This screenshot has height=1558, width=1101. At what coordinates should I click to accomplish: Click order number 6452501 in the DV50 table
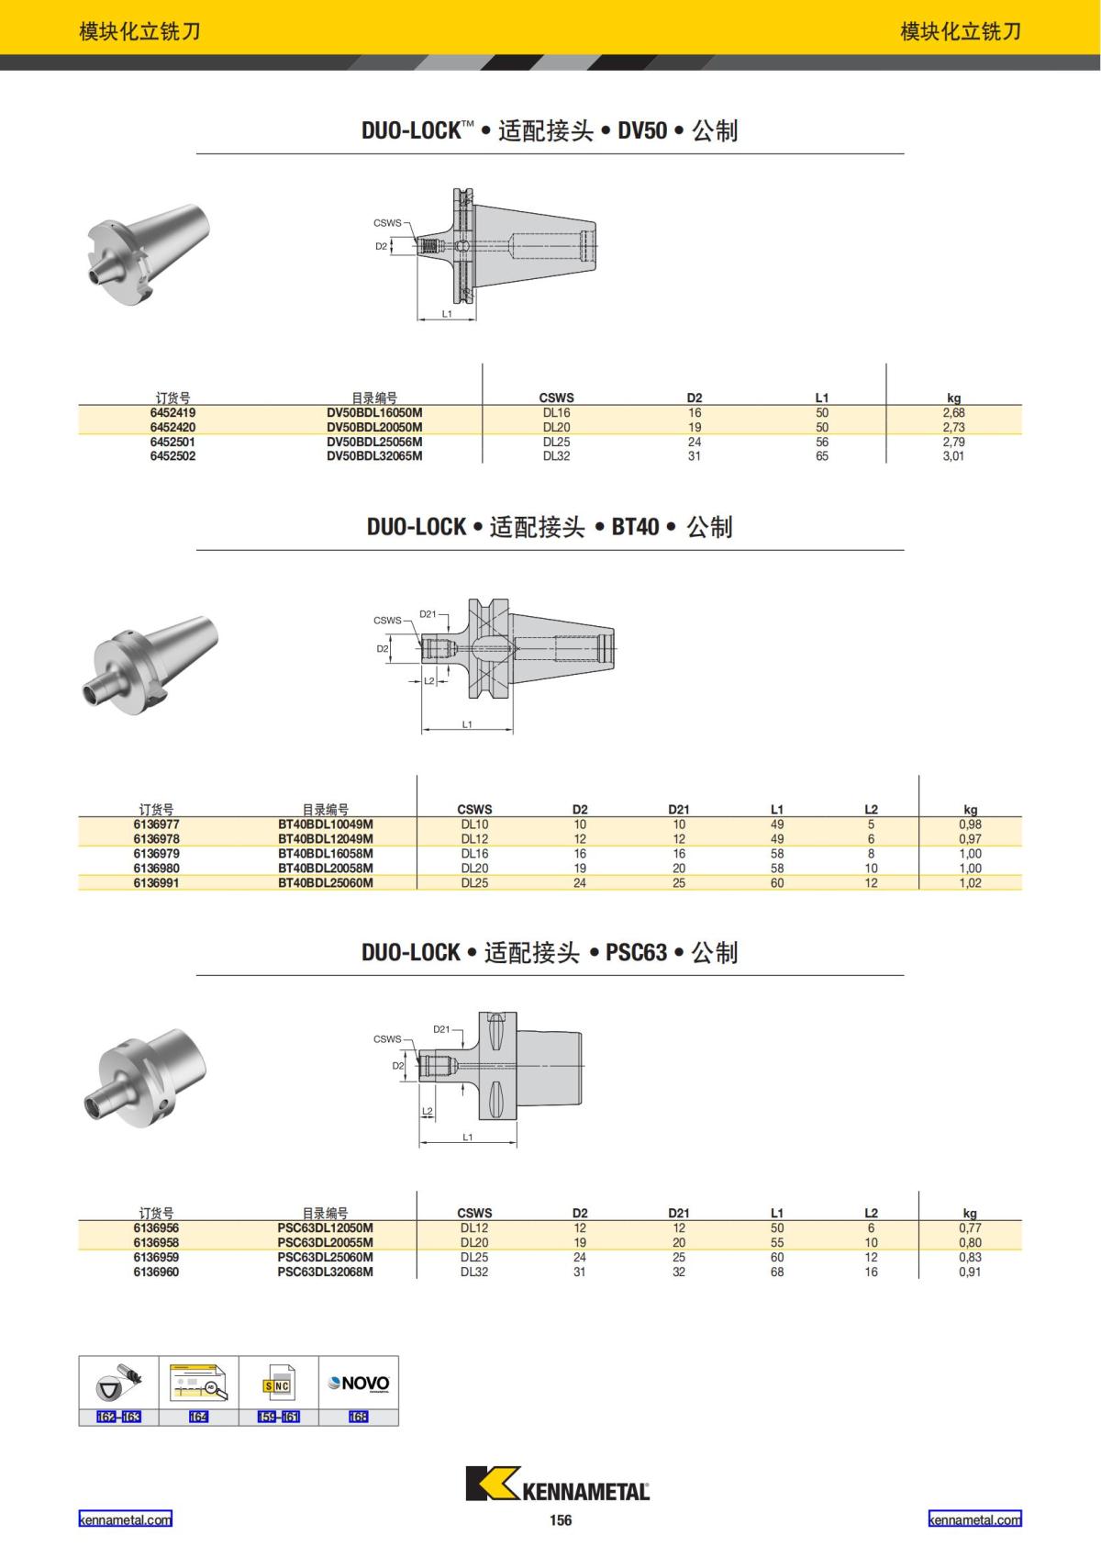[x=172, y=442]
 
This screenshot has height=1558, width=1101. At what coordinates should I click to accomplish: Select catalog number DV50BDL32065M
[x=374, y=456]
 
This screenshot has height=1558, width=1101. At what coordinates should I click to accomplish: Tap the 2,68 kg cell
[x=953, y=413]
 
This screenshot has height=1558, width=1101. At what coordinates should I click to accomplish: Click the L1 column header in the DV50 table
[x=821, y=398]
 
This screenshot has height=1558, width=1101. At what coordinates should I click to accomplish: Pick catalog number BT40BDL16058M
[x=326, y=854]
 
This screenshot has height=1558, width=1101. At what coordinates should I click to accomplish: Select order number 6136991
[x=156, y=883]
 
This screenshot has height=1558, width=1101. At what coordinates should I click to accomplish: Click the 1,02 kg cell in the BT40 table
[x=970, y=883]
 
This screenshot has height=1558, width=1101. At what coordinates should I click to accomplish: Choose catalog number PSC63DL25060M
[x=326, y=1258]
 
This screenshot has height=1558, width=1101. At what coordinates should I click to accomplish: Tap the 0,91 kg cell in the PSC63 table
[x=970, y=1272]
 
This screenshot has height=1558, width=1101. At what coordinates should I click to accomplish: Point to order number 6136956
[x=156, y=1228]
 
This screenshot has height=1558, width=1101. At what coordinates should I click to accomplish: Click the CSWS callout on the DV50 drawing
[x=387, y=223]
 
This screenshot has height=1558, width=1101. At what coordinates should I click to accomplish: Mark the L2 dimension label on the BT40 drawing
[x=428, y=680]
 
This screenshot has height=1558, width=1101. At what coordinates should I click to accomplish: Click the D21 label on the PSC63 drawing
[x=441, y=1029]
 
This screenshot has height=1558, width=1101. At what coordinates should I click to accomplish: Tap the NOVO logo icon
[x=359, y=1384]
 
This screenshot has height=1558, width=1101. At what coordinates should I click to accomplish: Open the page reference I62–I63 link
[x=118, y=1417]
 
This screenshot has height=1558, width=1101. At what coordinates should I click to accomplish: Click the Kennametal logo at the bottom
[x=557, y=1485]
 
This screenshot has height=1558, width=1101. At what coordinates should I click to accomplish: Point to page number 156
[x=560, y=1520]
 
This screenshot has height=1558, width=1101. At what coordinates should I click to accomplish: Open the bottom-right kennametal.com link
[x=974, y=1519]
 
